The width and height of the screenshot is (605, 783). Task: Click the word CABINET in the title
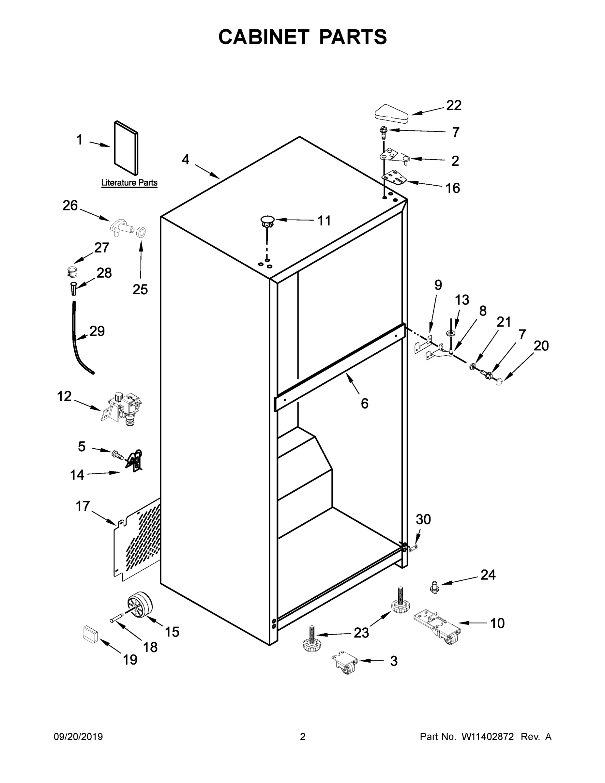(264, 37)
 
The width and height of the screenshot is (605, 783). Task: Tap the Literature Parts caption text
(129, 182)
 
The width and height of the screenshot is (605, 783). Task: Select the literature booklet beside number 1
(126, 147)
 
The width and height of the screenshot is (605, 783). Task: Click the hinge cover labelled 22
(392, 114)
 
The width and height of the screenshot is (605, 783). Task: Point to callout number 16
(452, 188)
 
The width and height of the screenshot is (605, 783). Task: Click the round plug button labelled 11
(267, 220)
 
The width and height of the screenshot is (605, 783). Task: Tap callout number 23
(361, 633)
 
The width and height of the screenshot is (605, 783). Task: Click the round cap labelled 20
(499, 383)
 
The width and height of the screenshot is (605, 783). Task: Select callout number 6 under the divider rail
(364, 404)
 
